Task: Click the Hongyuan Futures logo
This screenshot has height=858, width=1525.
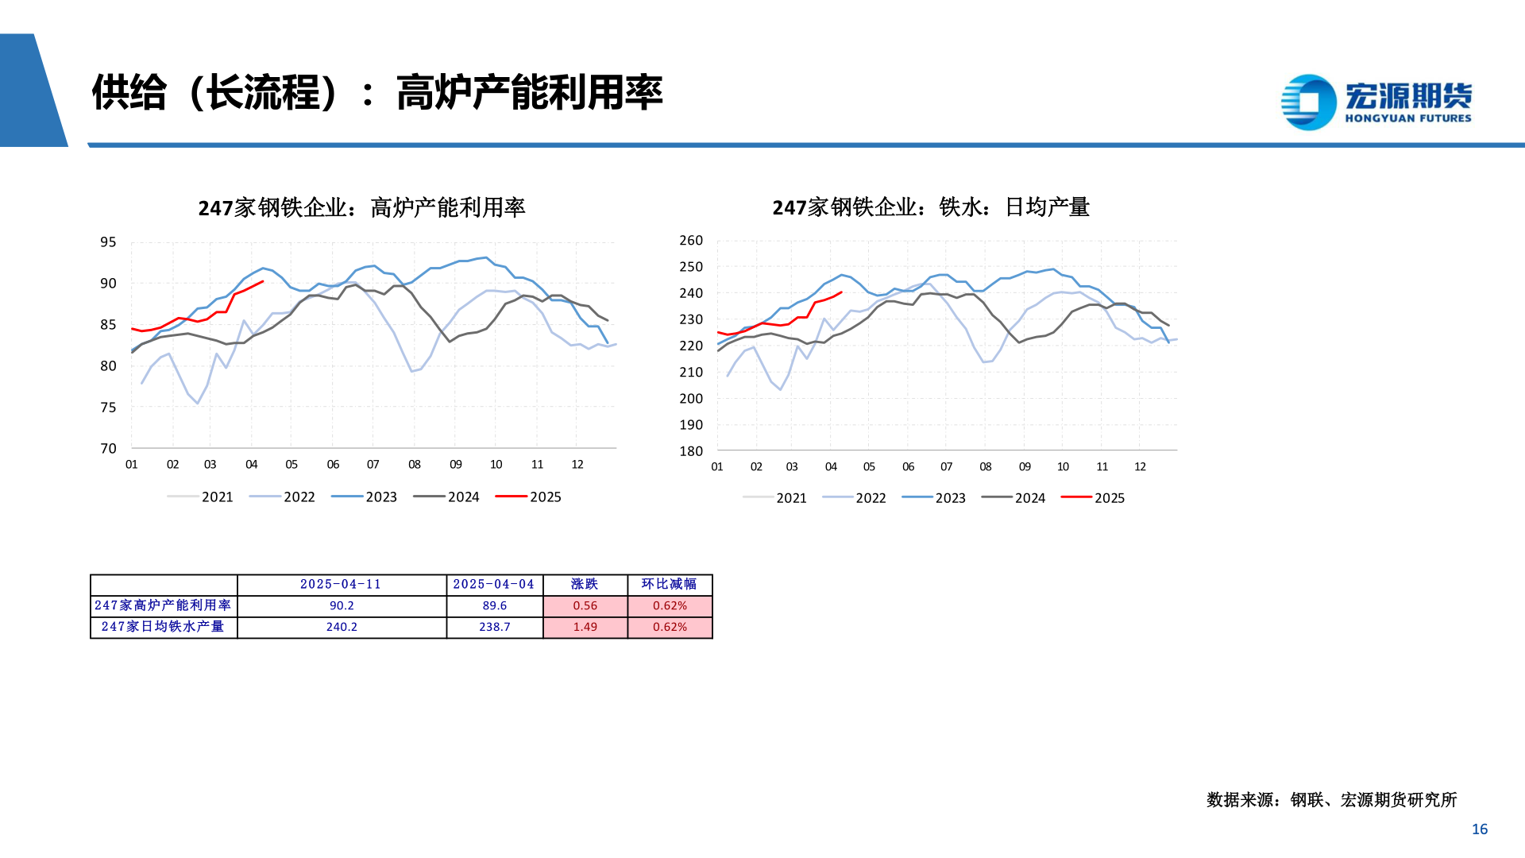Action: (1376, 102)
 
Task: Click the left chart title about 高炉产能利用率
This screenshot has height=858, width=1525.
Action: (361, 208)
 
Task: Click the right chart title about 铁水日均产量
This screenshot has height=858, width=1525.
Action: (930, 207)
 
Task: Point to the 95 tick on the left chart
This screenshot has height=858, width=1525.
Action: (108, 242)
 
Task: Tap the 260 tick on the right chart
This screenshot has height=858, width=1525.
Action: (691, 240)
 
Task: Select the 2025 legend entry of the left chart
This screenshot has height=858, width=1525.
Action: (529, 497)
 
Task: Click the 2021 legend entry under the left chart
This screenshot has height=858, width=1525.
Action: (201, 497)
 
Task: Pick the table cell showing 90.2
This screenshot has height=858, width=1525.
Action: (342, 605)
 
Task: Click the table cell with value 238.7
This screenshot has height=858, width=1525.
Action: (494, 627)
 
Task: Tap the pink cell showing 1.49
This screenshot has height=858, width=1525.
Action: (585, 627)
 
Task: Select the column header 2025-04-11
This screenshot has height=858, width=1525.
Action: (341, 584)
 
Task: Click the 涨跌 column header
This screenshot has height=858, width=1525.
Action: (585, 584)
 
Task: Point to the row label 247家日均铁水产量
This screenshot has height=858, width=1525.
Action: (163, 627)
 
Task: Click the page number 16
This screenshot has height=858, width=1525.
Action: (1479, 829)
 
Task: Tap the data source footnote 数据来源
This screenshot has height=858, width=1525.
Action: (1331, 800)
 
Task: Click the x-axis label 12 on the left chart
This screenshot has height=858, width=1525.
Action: (577, 465)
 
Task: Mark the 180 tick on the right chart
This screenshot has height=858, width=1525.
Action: (691, 451)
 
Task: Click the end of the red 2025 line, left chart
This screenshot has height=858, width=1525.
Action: (263, 281)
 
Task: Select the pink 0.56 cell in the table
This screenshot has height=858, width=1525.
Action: (585, 605)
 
